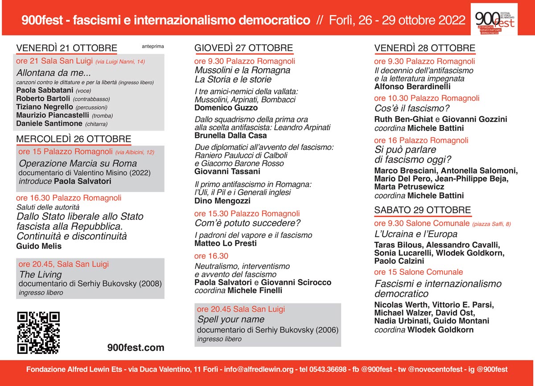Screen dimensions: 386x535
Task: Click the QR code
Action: [38, 332]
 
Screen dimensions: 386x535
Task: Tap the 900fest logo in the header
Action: [494, 19]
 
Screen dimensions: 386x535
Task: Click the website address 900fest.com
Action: [136, 348]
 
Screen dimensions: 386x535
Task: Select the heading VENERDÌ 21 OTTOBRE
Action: [67, 48]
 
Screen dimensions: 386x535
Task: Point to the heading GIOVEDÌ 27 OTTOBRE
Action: [243, 48]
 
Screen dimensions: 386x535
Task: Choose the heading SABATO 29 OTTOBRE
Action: [422, 210]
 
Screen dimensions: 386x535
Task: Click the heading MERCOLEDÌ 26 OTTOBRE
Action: [74, 139]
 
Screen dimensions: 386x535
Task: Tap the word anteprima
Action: [153, 46]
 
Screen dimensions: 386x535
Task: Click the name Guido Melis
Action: [39, 246]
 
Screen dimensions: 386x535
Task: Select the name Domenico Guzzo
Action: [226, 108]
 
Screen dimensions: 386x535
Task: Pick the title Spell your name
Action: [230, 320]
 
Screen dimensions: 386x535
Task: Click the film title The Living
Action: [40, 274]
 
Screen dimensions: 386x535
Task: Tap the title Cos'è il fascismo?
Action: [412, 108]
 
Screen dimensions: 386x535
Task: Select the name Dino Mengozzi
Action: [223, 201]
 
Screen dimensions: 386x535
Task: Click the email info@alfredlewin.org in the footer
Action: [259, 369]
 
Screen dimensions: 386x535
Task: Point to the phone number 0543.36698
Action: [327, 369]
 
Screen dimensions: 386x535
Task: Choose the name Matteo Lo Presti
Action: [226, 243]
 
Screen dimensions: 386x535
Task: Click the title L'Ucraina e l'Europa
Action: [416, 234]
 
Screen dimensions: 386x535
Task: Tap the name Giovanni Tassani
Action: [227, 171]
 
